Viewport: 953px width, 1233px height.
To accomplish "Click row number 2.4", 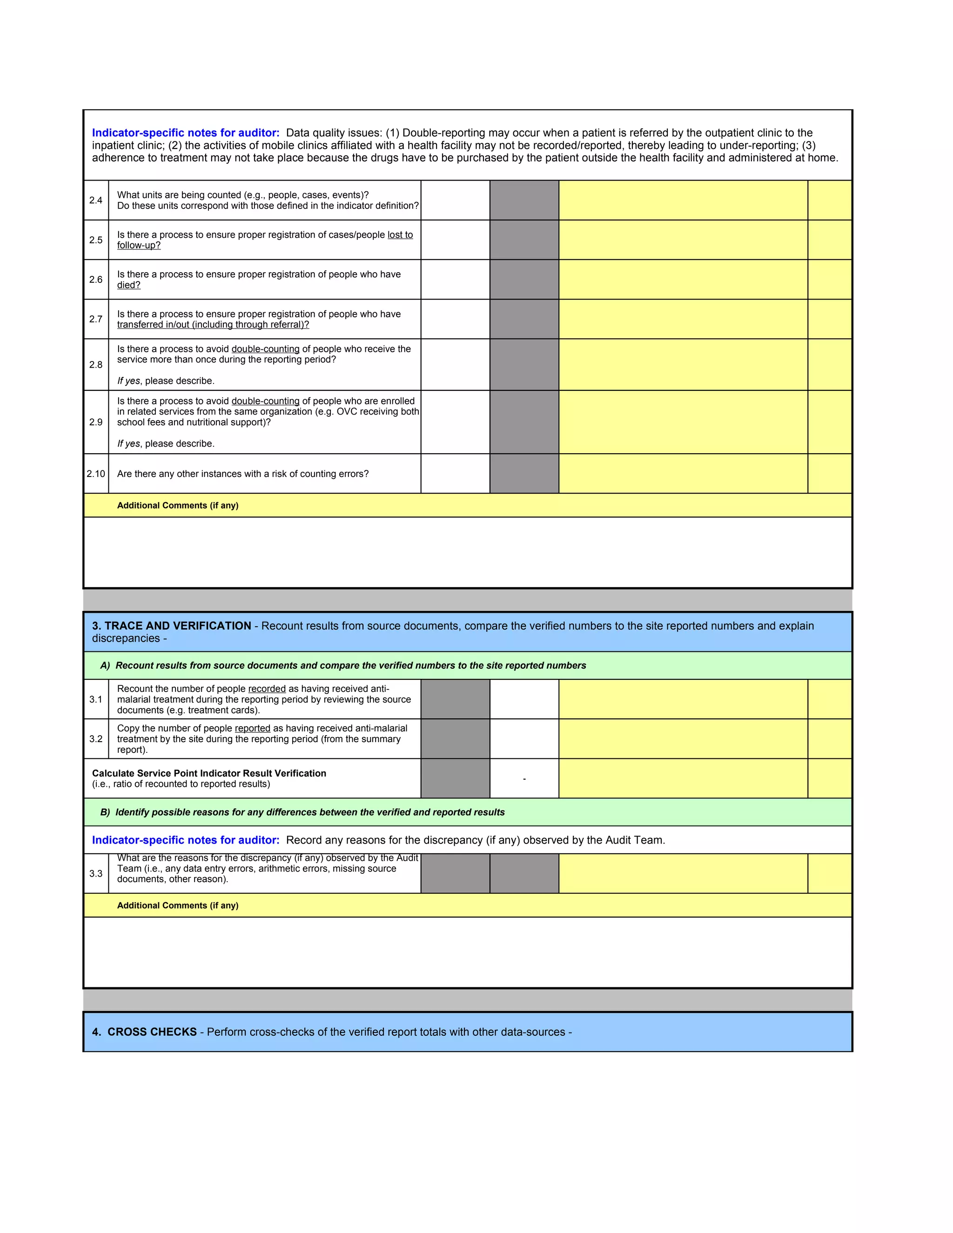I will point(95,201).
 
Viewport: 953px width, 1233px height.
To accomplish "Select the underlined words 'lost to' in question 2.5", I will point(400,235).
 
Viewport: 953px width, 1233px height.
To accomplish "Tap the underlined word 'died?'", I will point(129,285).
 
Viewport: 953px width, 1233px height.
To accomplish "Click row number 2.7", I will point(95,319).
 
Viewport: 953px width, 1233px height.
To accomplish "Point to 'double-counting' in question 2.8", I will point(265,349).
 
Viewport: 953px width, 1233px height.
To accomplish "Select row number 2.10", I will point(95,474).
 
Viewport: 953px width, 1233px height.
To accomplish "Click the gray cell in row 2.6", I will point(524,280).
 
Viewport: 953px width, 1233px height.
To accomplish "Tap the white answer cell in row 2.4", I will point(455,201).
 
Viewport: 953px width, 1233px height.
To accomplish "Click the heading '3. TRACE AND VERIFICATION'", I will point(172,625).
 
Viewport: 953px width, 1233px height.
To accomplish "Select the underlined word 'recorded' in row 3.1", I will point(267,689).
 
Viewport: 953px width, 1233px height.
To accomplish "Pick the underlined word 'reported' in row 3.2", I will point(252,728).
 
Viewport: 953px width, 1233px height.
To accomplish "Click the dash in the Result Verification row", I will point(524,779).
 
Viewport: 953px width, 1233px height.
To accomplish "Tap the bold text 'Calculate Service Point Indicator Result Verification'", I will point(209,773).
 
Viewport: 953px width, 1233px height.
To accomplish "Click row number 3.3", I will point(95,873).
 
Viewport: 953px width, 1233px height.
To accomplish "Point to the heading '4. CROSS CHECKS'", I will point(145,1032).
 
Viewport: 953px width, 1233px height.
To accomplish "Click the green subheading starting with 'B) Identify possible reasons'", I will point(302,812).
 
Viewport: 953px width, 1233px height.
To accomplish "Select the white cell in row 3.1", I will point(524,699).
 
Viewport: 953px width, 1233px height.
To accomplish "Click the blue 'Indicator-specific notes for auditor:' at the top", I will point(186,133).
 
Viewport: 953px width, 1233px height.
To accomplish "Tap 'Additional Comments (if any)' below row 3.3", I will point(177,905).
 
